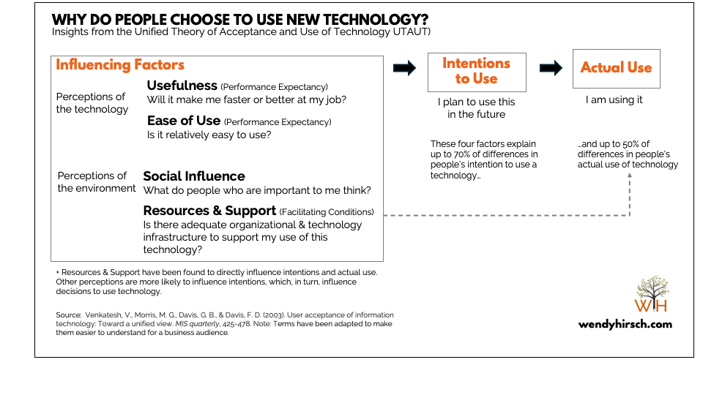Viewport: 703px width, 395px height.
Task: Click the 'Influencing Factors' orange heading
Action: pos(120,65)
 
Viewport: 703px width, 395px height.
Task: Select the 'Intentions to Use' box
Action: pos(477,71)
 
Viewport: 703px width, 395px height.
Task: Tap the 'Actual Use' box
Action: pos(616,68)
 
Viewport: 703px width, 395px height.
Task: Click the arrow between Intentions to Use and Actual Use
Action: pos(551,68)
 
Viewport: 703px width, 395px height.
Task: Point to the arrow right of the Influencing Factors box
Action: pos(404,68)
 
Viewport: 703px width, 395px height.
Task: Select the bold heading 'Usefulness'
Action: pos(182,86)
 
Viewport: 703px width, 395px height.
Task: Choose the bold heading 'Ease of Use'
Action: pos(184,121)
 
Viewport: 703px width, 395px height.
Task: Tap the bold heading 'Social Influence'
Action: pos(194,176)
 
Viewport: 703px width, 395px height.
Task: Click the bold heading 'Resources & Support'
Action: pos(209,211)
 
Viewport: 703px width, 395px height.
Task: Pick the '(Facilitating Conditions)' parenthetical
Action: pos(327,212)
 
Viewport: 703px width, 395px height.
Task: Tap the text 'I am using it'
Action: pos(614,99)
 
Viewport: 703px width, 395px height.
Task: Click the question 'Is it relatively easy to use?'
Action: pos(209,135)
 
